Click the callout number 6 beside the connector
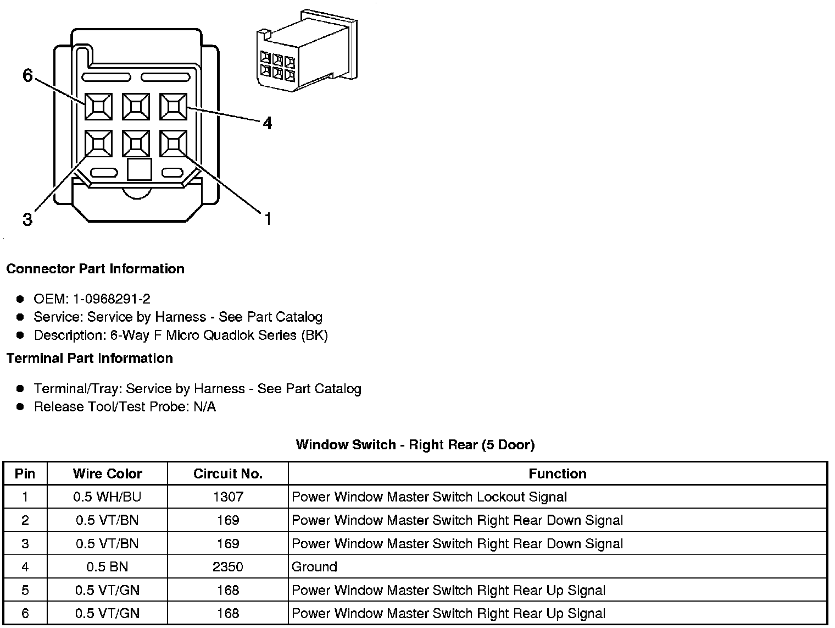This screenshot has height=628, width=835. pyautogui.click(x=27, y=75)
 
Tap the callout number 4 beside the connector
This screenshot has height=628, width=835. pyautogui.click(x=267, y=123)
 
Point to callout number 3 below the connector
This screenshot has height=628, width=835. pyautogui.click(x=27, y=220)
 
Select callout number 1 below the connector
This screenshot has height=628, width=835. pyautogui.click(x=268, y=219)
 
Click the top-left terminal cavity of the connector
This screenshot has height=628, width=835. pyautogui.click(x=98, y=106)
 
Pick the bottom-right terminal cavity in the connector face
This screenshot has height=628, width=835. pyautogui.click(x=174, y=144)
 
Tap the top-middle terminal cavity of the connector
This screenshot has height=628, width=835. pyautogui.click(x=136, y=106)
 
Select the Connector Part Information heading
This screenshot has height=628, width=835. pyautogui.click(x=95, y=269)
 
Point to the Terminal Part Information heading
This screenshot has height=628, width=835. pyautogui.click(x=90, y=359)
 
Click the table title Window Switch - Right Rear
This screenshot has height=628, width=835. pyautogui.click(x=415, y=444)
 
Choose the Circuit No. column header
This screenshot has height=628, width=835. pyautogui.click(x=228, y=473)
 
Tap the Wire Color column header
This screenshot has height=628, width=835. pyautogui.click(x=107, y=473)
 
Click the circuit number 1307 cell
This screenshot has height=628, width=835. pyautogui.click(x=228, y=497)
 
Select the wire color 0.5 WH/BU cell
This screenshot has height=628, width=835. pyautogui.click(x=107, y=497)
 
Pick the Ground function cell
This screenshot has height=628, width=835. pyautogui.click(x=314, y=567)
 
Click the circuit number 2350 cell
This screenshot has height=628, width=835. pyautogui.click(x=228, y=567)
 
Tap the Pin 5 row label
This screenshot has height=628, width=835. pyautogui.click(x=25, y=591)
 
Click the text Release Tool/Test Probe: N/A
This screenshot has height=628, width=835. pyautogui.click(x=125, y=407)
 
